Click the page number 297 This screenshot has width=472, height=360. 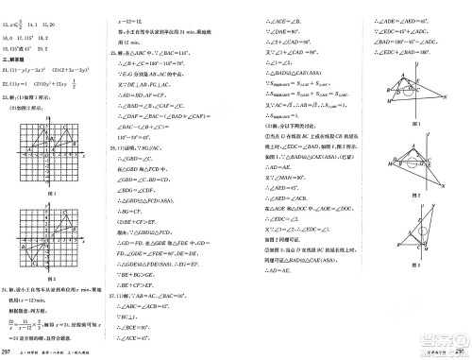[x=8, y=352]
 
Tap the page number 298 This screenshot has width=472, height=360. [x=464, y=352]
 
